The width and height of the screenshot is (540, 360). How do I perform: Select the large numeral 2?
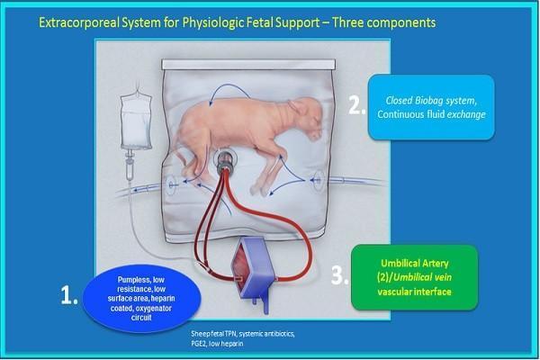tap(356, 105)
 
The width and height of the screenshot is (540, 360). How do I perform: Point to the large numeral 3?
tap(339, 275)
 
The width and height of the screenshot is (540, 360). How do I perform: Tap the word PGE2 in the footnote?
tap(199, 344)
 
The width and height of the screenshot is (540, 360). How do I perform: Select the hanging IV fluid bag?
tap(136, 120)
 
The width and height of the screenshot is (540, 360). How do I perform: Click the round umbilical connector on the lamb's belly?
tap(226, 158)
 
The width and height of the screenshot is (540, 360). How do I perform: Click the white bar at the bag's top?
tap(248, 65)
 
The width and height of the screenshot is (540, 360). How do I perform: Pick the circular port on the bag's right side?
tap(319, 180)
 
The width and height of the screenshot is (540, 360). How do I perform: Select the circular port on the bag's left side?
tap(172, 184)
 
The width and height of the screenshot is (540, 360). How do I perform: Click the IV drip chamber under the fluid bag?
tap(130, 169)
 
